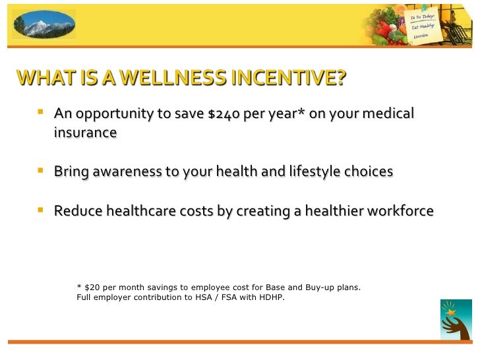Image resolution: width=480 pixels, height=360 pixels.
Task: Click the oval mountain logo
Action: [x=44, y=24]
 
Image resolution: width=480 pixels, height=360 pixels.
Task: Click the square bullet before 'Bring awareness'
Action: [x=42, y=170]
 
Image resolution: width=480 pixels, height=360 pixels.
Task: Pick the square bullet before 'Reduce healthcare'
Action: [x=42, y=210]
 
